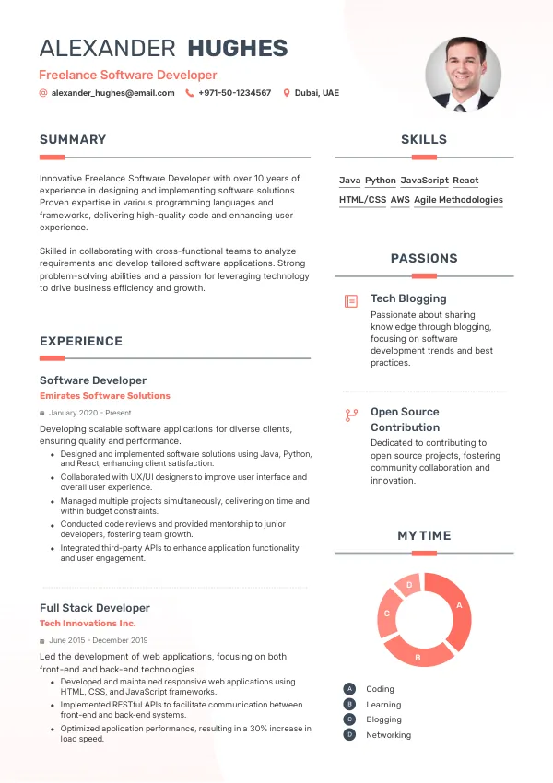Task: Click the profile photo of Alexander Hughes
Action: click(x=463, y=75)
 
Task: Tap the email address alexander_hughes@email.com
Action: click(x=112, y=93)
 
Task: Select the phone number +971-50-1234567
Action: click(x=234, y=93)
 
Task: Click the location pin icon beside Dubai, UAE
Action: click(x=287, y=93)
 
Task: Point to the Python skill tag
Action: click(x=380, y=181)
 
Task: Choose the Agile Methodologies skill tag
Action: click(x=458, y=199)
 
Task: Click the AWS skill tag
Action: click(x=400, y=199)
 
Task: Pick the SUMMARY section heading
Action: click(x=73, y=140)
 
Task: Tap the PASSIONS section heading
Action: click(x=424, y=259)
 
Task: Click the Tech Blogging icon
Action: click(x=350, y=301)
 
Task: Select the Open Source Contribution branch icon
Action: click(x=350, y=415)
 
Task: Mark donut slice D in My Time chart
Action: click(x=408, y=584)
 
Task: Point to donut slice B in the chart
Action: click(x=418, y=652)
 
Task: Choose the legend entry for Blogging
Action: click(x=383, y=719)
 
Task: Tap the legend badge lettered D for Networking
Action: click(x=349, y=735)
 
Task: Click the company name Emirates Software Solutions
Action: click(x=105, y=396)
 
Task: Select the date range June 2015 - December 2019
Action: click(x=99, y=640)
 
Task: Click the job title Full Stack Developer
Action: click(x=94, y=608)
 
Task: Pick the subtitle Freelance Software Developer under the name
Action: click(x=128, y=75)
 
